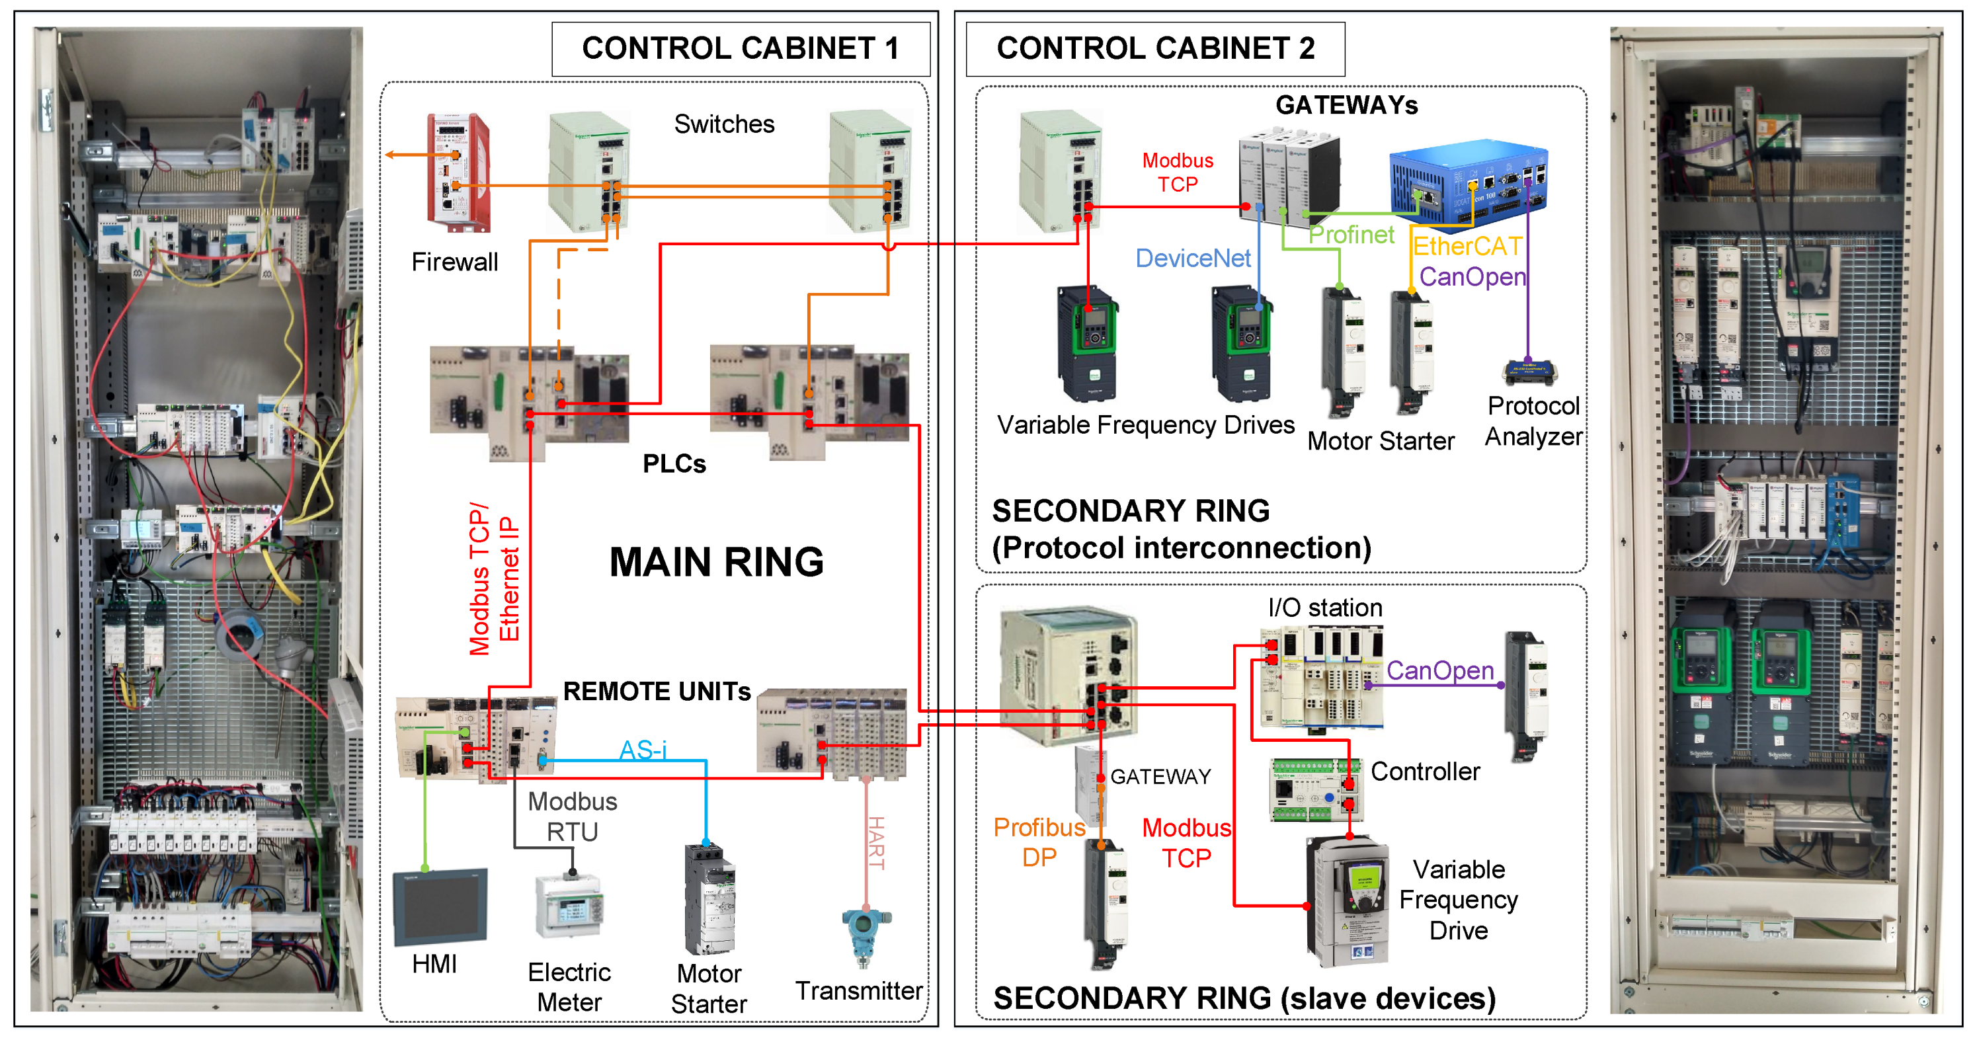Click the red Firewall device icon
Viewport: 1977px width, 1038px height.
click(458, 172)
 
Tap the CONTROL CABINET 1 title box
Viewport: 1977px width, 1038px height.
click(741, 49)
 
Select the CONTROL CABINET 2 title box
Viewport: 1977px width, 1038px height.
click(1155, 49)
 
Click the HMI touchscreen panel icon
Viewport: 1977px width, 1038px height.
click(440, 908)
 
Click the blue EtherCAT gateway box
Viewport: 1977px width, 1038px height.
click(1468, 185)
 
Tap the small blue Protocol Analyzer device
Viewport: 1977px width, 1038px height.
click(1529, 372)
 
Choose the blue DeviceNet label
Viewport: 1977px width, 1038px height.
click(1193, 259)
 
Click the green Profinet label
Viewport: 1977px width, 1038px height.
click(1351, 235)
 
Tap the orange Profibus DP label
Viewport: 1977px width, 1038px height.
click(1039, 842)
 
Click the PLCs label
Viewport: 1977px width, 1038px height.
click(674, 463)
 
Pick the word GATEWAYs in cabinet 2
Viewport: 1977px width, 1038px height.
click(1346, 105)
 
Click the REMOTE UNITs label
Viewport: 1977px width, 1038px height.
click(657, 692)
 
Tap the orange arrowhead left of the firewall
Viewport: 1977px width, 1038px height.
click(390, 155)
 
